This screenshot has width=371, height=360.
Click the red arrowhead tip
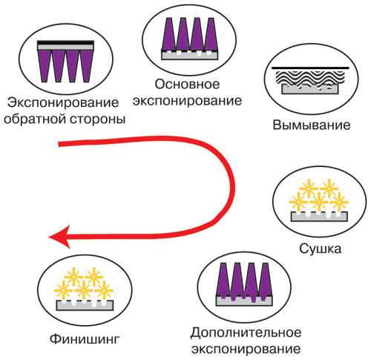pos(49,237)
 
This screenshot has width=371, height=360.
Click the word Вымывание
pos(312,125)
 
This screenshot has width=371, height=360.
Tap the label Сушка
pos(321,249)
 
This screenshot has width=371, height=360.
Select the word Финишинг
pos(85,339)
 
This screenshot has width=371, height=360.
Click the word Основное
pos(187,85)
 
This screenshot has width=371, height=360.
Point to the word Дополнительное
pos(246,333)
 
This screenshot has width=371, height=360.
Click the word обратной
pos(35,120)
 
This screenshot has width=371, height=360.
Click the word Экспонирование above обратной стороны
pos(63,102)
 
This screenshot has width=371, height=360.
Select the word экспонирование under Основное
pos(187,101)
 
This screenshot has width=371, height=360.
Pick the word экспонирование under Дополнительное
pos(246,350)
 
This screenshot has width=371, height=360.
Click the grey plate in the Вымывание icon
pos(310,89)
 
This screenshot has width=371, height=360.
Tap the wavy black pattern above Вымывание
pos(310,79)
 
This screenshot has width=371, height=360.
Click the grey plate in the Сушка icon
pos(319,217)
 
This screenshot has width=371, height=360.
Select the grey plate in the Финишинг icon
pos(85,306)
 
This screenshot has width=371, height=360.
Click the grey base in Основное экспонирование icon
pos(190,55)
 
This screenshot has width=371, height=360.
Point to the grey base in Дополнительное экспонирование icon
pos(244,301)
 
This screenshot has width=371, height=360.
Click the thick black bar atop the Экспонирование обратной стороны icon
pos(65,42)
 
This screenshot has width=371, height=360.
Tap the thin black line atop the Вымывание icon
pos(310,68)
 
